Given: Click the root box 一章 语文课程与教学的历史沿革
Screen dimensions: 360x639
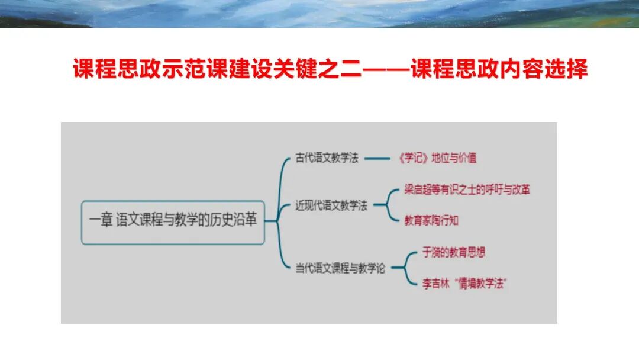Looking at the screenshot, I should pos(173,222).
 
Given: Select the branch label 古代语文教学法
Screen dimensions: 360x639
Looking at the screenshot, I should pos(327,159).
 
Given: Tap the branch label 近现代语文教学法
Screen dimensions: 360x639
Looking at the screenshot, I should pos(331,206).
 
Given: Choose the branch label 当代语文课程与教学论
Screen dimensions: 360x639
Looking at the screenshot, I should pos(340,269).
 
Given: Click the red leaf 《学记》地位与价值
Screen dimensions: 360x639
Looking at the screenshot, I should pos(438,158).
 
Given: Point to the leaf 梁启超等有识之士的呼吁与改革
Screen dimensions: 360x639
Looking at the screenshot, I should pos(467,190).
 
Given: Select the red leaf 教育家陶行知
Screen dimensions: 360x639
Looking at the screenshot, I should pos(431,221).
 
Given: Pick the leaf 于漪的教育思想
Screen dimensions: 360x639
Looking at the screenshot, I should pos(446,252).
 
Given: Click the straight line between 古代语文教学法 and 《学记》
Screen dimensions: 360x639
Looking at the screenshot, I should pos(379,159).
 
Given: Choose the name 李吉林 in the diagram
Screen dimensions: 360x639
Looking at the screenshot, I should pos(418,284).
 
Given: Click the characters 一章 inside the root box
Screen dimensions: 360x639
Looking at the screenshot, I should pos(100,221).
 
